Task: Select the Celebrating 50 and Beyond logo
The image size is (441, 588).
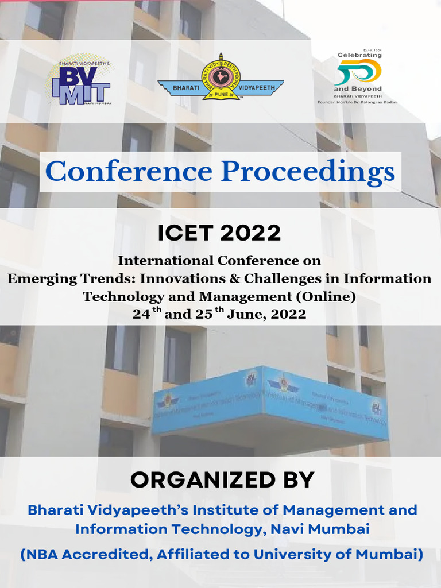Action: tap(359, 78)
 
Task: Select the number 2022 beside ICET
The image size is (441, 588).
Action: tap(250, 233)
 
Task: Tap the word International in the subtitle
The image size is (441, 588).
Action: tap(165, 261)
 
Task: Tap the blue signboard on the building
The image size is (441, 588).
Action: tap(270, 402)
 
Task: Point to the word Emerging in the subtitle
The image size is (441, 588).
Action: tap(36, 279)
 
